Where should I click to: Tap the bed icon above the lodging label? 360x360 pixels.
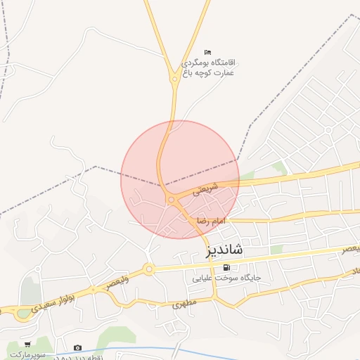pos(207,53)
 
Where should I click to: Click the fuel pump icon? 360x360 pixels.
pos(226,267)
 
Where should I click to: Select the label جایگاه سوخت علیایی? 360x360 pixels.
pos(227,278)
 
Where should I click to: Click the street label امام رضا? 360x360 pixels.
pos(212,221)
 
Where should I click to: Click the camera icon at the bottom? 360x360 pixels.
pos(77,347)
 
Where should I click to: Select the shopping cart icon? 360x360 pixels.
pos(27,345)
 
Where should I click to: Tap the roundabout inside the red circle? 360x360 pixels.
pos(171,200)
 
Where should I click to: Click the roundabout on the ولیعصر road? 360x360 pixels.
pos(148,269)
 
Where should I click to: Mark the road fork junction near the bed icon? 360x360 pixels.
pos(174,79)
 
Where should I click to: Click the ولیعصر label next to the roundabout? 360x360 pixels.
pos(117,283)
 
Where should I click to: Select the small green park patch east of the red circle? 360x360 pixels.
pos(280,167)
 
